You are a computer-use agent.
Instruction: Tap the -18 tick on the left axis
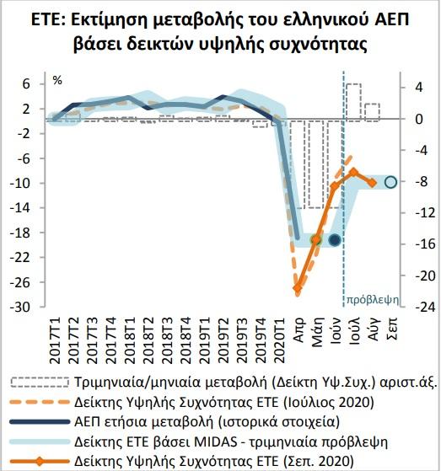pos(20,233)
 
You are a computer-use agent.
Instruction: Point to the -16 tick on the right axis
pos(425,244)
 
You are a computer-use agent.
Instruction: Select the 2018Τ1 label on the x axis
pos(131,340)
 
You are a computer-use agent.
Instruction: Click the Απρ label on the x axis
pos(299,329)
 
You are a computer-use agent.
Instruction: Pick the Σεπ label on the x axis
pos(393,329)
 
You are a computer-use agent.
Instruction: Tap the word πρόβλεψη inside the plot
pos(373,299)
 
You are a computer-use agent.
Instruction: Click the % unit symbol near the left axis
pos(57,81)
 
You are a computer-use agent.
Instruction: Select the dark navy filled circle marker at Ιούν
pos(335,239)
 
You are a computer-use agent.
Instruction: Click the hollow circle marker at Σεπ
pos(390,182)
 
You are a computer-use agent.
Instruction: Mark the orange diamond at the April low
pos(298,289)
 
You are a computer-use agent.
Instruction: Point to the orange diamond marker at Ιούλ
pos(354,172)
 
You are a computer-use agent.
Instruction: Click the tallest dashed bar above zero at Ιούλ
pos(354,102)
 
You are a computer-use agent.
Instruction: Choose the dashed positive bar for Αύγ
pos(373,112)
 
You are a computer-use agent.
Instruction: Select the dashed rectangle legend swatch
pos(40,383)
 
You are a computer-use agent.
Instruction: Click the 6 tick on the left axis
pos(26,83)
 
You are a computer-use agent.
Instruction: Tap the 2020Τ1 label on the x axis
pos(280,340)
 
